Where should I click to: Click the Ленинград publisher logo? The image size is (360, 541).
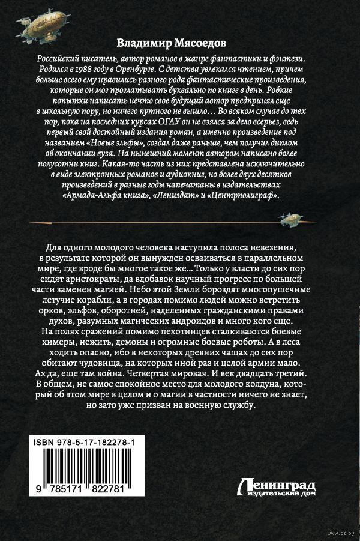[277, 489]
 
